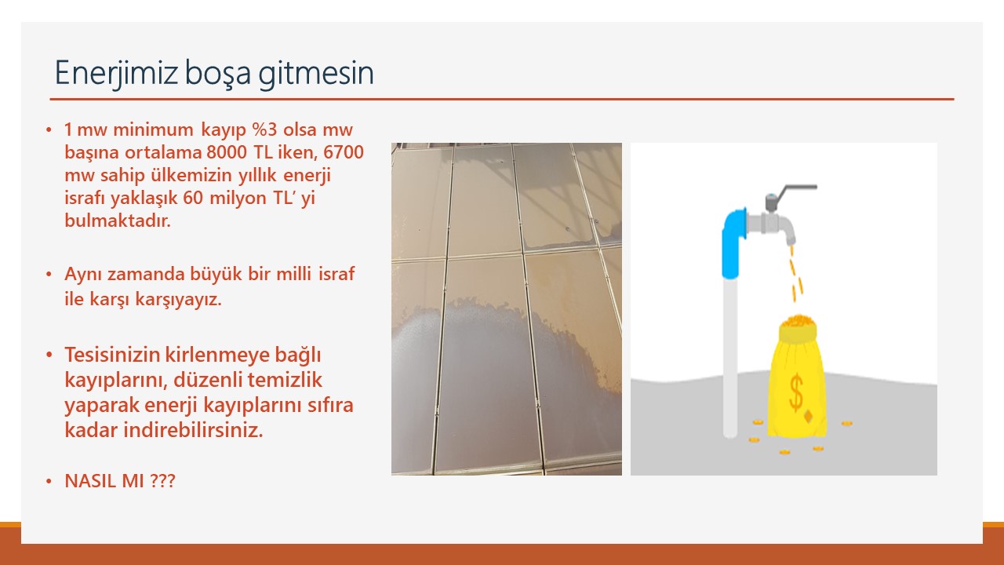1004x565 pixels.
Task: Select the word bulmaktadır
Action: pyautogui.click(x=117, y=221)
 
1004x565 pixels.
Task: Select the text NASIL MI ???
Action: pyautogui.click(x=120, y=481)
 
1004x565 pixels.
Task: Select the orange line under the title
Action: pyautogui.click(x=502, y=100)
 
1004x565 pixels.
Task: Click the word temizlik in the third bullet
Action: pyautogui.click(x=289, y=380)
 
